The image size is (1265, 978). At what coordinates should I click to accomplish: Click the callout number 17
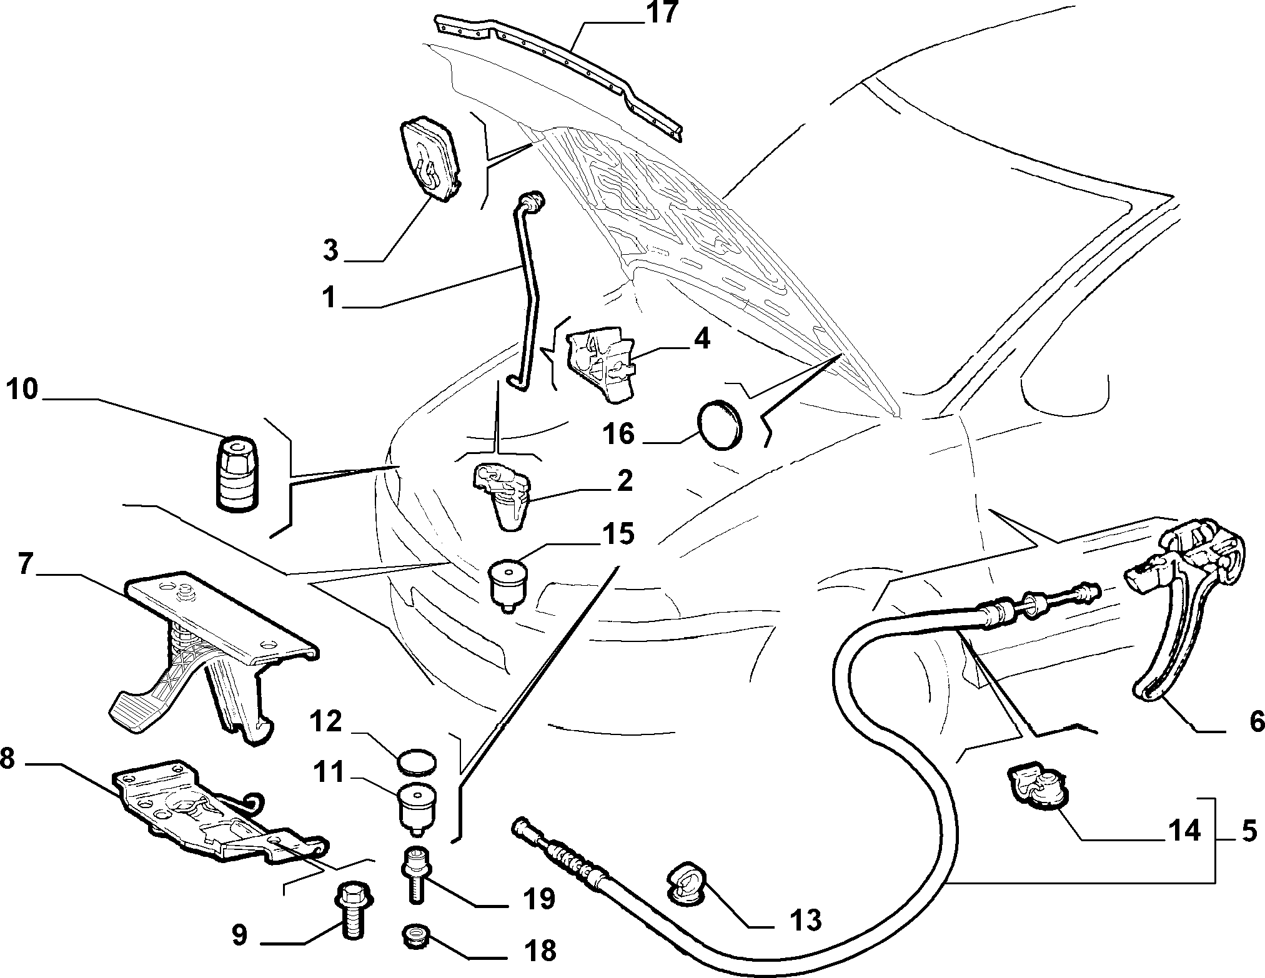click(x=662, y=13)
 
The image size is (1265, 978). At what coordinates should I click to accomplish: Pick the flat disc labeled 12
click(x=417, y=764)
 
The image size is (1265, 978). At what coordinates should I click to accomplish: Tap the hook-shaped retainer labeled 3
click(x=430, y=157)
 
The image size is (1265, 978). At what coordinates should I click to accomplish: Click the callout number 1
click(x=330, y=298)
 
